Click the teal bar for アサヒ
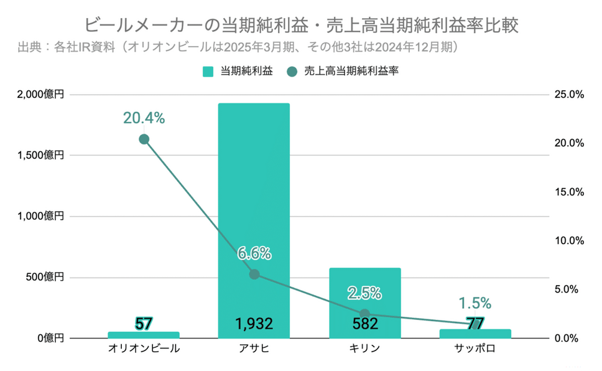(254, 187)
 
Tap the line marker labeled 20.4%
(144, 139)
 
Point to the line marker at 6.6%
(254, 274)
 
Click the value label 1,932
(254, 324)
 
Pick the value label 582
(364, 324)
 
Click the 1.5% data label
(475, 303)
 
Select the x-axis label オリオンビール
(144, 349)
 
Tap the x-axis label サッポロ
(475, 349)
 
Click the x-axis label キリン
(364, 349)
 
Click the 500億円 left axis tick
(45, 278)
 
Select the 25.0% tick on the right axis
(568, 95)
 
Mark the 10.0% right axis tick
(568, 241)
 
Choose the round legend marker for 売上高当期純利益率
(292, 72)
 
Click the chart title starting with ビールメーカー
(301, 26)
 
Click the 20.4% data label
(144, 117)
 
